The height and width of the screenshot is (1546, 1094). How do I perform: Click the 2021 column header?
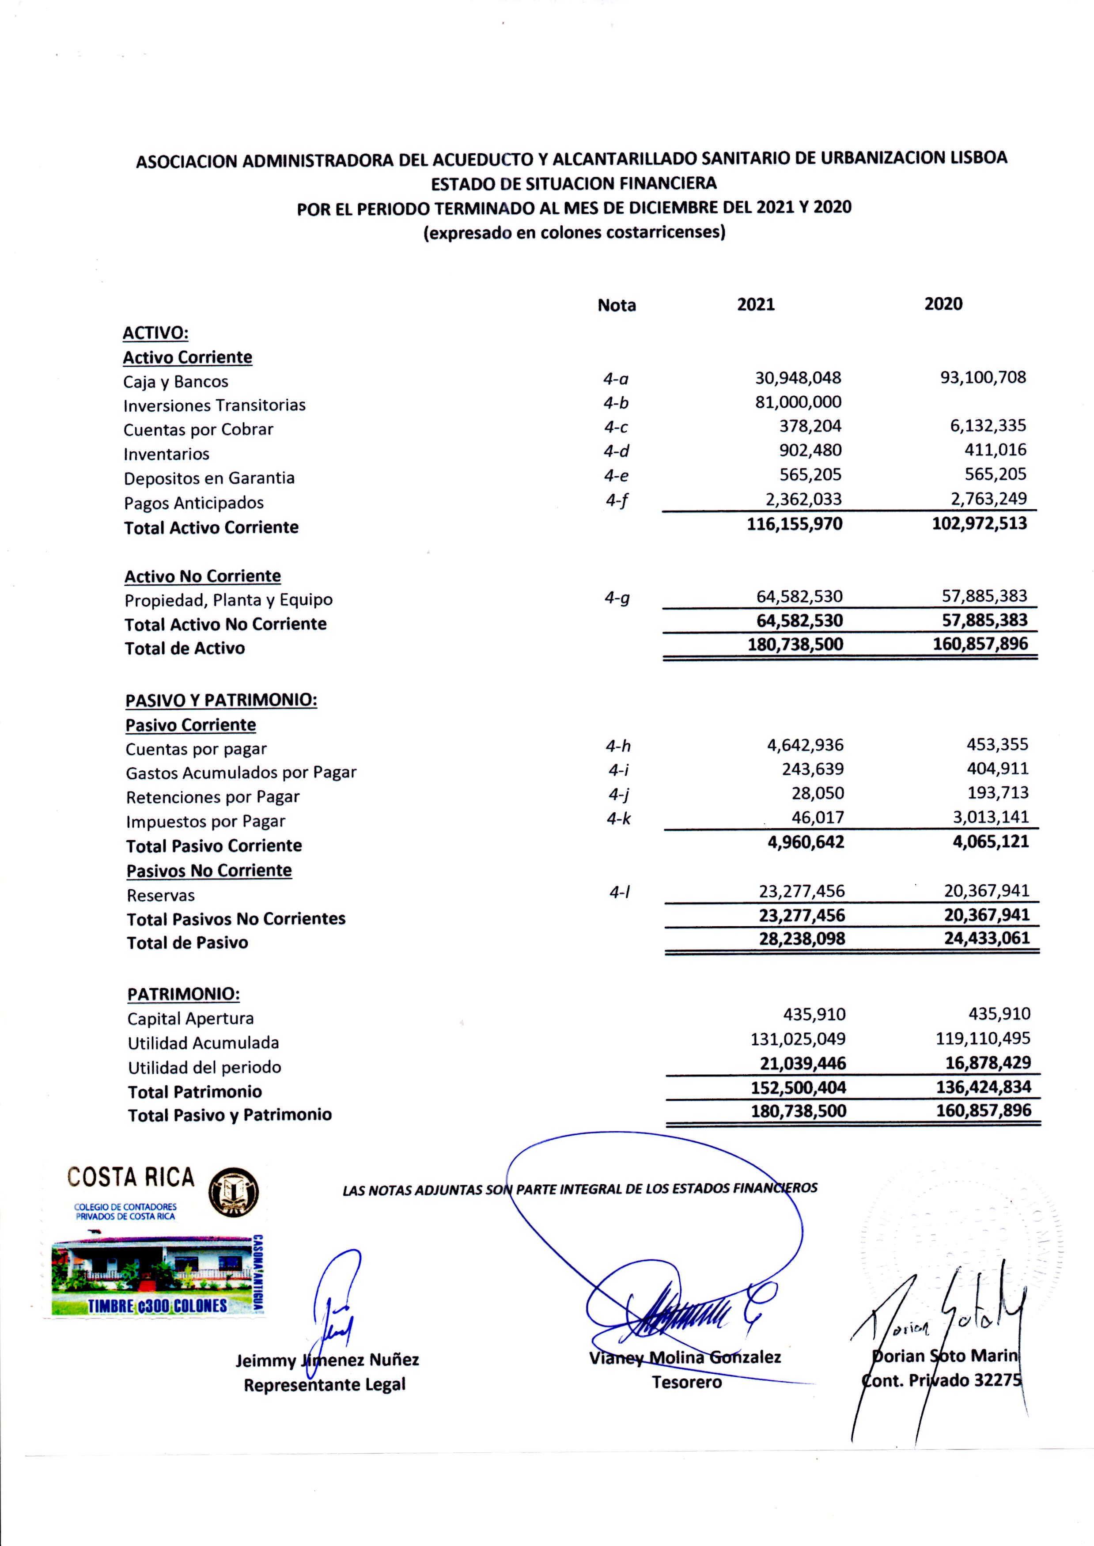(x=755, y=304)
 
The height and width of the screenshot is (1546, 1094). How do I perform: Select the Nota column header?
(x=617, y=305)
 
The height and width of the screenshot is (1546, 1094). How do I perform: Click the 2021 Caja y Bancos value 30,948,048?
(x=798, y=378)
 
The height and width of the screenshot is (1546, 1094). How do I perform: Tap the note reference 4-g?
(x=617, y=598)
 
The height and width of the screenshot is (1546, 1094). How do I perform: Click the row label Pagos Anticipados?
(x=193, y=503)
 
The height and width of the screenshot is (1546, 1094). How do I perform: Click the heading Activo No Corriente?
(x=202, y=576)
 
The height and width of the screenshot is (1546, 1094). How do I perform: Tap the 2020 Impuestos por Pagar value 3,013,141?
(x=986, y=818)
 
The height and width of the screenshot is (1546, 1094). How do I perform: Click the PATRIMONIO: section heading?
(x=183, y=994)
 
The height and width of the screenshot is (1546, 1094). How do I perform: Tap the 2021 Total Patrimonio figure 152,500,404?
(x=798, y=1087)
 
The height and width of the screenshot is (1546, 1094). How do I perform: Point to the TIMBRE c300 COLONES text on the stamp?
(x=157, y=1306)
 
